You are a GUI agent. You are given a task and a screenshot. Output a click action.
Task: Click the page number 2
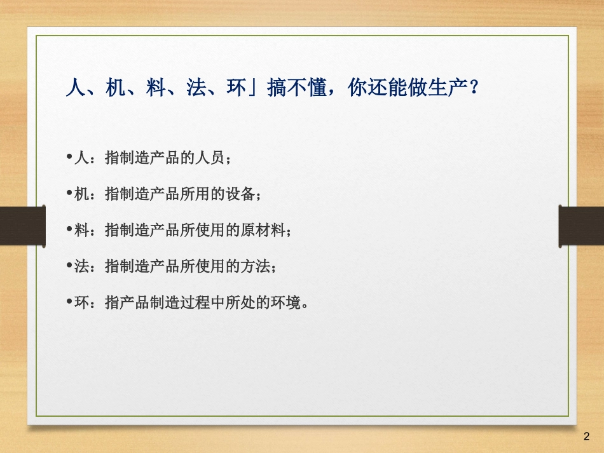[586, 437]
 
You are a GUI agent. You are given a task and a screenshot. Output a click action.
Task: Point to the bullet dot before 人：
[68, 157]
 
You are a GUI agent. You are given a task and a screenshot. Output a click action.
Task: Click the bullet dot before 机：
[68, 193]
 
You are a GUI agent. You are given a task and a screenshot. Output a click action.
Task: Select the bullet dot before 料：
[68, 229]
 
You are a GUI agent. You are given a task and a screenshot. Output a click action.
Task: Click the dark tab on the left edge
[22, 226]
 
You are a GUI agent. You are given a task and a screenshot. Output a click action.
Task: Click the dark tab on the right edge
[581, 226]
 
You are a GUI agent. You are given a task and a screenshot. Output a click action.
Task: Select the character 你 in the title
[357, 88]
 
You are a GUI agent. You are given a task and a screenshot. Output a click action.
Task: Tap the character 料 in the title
[156, 88]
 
